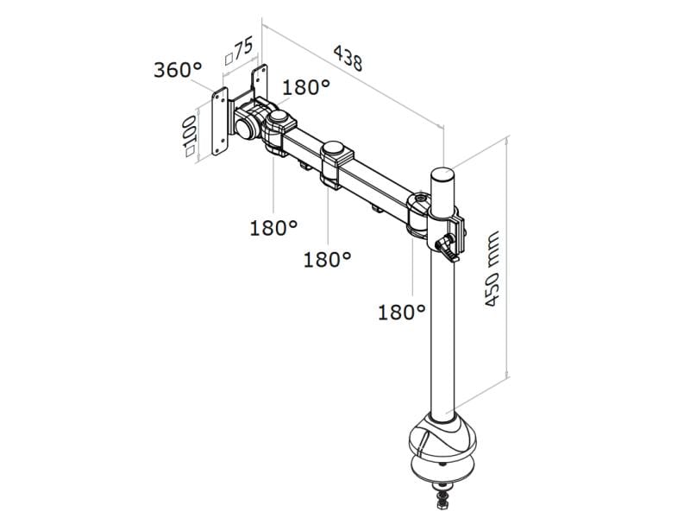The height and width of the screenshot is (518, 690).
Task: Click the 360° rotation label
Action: pos(178,70)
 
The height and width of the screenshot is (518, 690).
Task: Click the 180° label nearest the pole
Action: pos(402,312)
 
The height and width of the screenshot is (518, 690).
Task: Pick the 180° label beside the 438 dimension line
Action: pos(306,88)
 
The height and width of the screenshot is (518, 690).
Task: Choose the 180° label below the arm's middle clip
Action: pos(328,258)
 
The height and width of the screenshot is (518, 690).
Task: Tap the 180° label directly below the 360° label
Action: pos(273,228)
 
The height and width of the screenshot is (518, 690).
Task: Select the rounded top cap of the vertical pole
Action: pos(442,175)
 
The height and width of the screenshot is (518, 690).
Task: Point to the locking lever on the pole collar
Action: pos(449,248)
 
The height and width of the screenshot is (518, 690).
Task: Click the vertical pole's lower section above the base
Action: pos(443,363)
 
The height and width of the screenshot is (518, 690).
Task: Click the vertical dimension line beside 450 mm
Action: pos(507,259)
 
